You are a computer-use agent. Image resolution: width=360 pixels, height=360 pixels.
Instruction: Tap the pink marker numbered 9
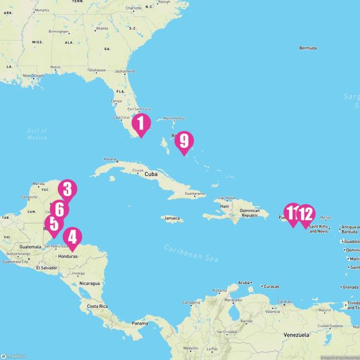click(183, 141)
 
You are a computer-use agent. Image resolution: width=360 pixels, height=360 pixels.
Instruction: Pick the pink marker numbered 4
click(73, 237)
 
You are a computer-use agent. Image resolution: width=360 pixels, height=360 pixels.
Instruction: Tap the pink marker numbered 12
click(305, 214)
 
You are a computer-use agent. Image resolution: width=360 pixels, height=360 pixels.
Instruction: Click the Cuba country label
click(150, 174)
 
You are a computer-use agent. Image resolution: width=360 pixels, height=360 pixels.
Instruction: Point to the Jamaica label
click(172, 218)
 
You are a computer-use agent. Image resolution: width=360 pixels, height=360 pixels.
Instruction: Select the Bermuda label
click(311, 47)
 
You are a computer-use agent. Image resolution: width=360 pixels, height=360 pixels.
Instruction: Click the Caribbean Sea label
click(191, 251)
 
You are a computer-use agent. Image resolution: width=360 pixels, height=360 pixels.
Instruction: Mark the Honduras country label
click(67, 255)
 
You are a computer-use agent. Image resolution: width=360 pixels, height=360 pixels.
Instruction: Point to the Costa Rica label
click(96, 306)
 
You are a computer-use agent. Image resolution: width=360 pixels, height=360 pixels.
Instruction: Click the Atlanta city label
click(102, 28)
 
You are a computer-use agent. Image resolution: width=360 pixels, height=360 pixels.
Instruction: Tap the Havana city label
click(110, 159)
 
